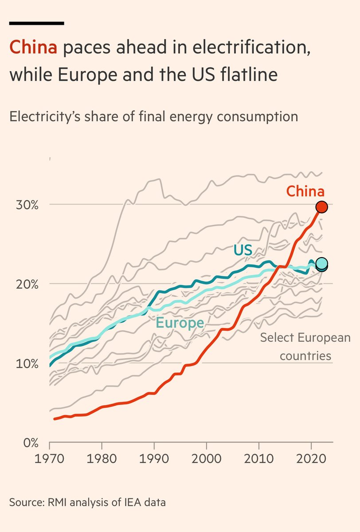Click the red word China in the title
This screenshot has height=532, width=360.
(x=33, y=47)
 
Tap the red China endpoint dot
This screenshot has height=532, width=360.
(x=321, y=207)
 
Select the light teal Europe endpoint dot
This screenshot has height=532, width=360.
(x=322, y=263)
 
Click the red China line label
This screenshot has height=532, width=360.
(x=305, y=191)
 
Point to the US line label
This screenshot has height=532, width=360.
(x=243, y=250)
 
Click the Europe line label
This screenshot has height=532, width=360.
(x=180, y=323)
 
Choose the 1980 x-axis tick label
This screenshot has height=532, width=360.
(x=102, y=458)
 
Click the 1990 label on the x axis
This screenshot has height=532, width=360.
(x=154, y=458)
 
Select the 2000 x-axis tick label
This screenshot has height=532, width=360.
(x=207, y=458)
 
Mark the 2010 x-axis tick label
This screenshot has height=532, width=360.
(x=259, y=458)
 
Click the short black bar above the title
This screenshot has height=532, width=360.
(x=37, y=23)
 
